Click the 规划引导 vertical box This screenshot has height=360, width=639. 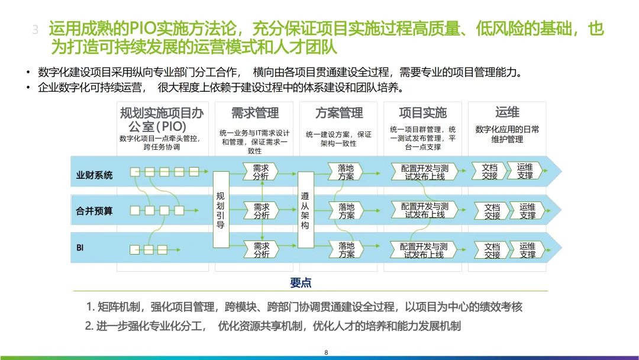click(x=221, y=209)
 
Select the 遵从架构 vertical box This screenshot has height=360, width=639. click(x=305, y=209)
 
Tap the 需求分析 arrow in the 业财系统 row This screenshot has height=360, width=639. click(x=260, y=172)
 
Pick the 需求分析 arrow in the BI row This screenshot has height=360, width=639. click(x=261, y=250)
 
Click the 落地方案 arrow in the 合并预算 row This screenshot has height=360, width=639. click(x=346, y=211)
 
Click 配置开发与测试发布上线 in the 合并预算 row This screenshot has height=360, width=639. click(x=425, y=211)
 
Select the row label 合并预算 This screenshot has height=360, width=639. click(x=94, y=210)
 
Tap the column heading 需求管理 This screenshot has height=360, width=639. click(x=255, y=112)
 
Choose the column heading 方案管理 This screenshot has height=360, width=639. click(x=339, y=112)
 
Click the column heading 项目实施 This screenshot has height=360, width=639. click(x=423, y=112)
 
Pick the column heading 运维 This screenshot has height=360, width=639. click(x=507, y=112)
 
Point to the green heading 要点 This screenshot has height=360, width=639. click(x=301, y=282)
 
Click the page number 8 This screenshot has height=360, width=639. click(x=326, y=352)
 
